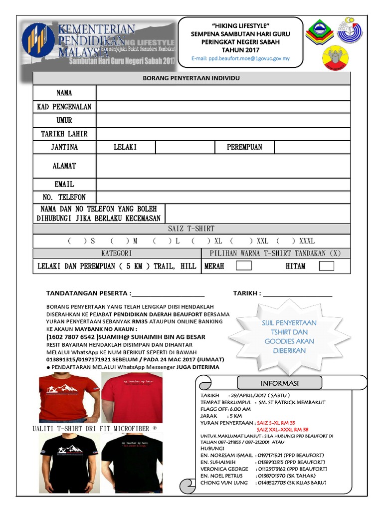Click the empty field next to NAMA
point(223,93)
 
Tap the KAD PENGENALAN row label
point(64,107)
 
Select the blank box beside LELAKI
point(185,147)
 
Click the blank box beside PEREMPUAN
point(312,147)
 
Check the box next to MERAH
point(243,266)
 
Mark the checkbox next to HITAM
point(326,266)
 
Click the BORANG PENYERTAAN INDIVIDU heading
point(191,79)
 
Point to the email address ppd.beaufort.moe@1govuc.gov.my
point(240,58)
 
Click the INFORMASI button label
point(279,383)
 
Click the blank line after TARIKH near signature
point(298,293)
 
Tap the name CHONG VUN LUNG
point(224,483)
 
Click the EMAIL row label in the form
point(64,184)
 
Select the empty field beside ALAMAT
point(223,166)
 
